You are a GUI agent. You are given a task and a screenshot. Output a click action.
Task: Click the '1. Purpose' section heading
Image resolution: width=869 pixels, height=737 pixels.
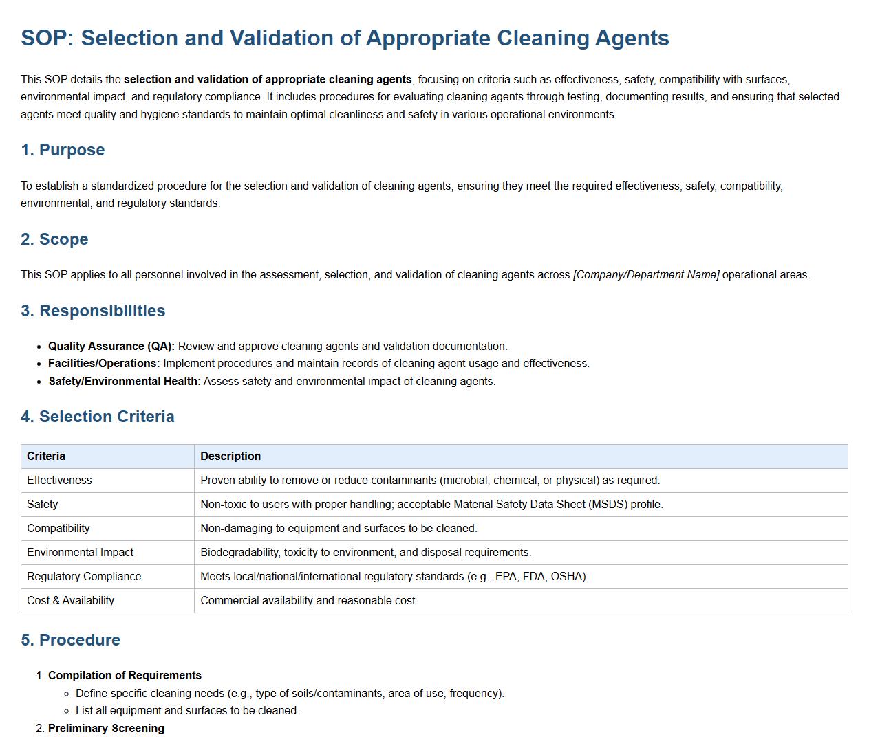63,150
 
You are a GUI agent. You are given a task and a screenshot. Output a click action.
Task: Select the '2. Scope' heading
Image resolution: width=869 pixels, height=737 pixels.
54,239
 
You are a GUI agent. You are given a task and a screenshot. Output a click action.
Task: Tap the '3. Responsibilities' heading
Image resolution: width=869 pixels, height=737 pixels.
93,311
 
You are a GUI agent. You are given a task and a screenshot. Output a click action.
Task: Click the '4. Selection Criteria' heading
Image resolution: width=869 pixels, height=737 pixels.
97,417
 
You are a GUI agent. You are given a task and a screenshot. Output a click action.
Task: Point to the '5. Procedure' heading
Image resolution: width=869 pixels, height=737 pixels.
70,640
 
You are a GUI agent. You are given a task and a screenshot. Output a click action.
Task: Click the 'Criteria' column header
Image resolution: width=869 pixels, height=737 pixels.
46,456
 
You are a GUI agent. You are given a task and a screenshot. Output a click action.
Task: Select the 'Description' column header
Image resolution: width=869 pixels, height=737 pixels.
230,456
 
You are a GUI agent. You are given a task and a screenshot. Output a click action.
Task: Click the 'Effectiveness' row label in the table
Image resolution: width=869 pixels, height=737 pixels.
59,480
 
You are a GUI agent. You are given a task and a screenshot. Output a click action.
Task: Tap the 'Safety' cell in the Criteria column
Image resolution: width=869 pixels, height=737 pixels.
43,504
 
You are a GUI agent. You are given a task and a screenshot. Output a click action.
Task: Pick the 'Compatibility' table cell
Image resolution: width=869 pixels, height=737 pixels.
58,528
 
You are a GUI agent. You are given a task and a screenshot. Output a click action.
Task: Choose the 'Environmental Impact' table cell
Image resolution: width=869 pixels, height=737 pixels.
80,552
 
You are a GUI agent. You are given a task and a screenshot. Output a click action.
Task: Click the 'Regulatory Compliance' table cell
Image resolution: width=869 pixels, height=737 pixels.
84,576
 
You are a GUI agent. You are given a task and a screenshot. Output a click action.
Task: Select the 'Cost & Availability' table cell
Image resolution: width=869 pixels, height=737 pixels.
70,600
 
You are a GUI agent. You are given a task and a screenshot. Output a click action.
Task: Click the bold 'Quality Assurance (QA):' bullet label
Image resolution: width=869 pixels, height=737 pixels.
111,346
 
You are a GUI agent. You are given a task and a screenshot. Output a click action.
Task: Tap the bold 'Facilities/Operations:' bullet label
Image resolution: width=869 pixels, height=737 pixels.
104,363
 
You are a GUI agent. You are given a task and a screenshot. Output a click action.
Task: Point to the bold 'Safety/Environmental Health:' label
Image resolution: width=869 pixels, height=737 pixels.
125,381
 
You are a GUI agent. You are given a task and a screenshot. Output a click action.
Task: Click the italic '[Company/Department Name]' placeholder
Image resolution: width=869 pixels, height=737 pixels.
646,274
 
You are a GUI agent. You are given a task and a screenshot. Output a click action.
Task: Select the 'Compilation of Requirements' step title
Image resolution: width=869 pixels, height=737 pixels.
125,675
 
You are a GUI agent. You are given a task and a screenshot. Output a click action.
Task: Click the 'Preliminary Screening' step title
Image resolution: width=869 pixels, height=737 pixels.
106,728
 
